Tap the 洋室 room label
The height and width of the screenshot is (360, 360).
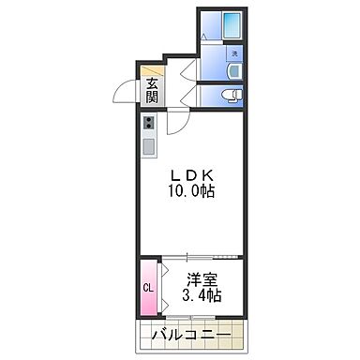[202, 278]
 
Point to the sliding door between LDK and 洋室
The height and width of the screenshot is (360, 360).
[202, 256]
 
